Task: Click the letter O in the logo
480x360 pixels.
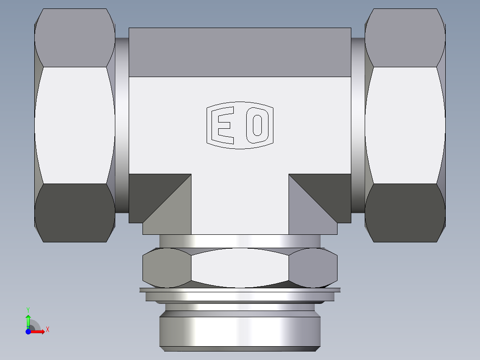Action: pyautogui.click(x=257, y=125)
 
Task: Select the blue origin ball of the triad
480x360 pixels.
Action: pyautogui.click(x=28, y=331)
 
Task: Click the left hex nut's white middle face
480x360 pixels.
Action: pyautogui.click(x=75, y=125)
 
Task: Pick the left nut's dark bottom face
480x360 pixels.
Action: pyautogui.click(x=75, y=213)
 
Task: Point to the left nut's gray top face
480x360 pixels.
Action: pyautogui.click(x=75, y=38)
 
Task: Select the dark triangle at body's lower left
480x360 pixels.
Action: pyautogui.click(x=151, y=187)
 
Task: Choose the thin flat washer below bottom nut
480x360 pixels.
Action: pyautogui.click(x=240, y=290)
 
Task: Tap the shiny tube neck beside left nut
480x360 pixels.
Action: pyautogui.click(x=122, y=125)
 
